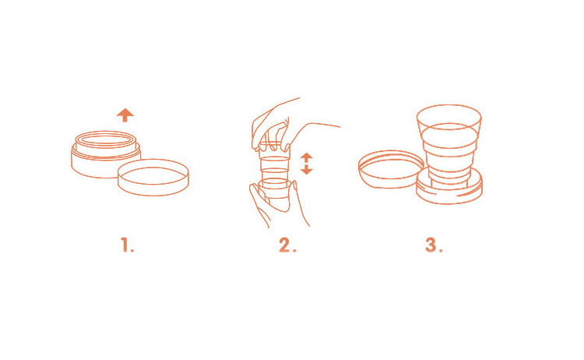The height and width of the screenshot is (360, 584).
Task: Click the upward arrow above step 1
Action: click(125, 115)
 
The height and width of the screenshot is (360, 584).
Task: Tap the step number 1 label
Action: click(128, 245)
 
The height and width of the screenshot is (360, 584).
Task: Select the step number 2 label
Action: click(287, 245)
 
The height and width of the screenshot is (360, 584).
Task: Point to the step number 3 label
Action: click(434, 245)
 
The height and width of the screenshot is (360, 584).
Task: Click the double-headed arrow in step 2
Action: click(306, 163)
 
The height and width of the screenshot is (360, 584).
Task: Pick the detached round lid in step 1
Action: click(153, 178)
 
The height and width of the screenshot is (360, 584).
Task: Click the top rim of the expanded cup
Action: click(449, 105)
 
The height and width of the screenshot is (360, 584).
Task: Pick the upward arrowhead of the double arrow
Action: click(306, 156)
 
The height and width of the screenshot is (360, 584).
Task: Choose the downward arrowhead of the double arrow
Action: click(306, 171)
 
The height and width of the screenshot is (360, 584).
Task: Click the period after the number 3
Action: click(441, 250)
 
